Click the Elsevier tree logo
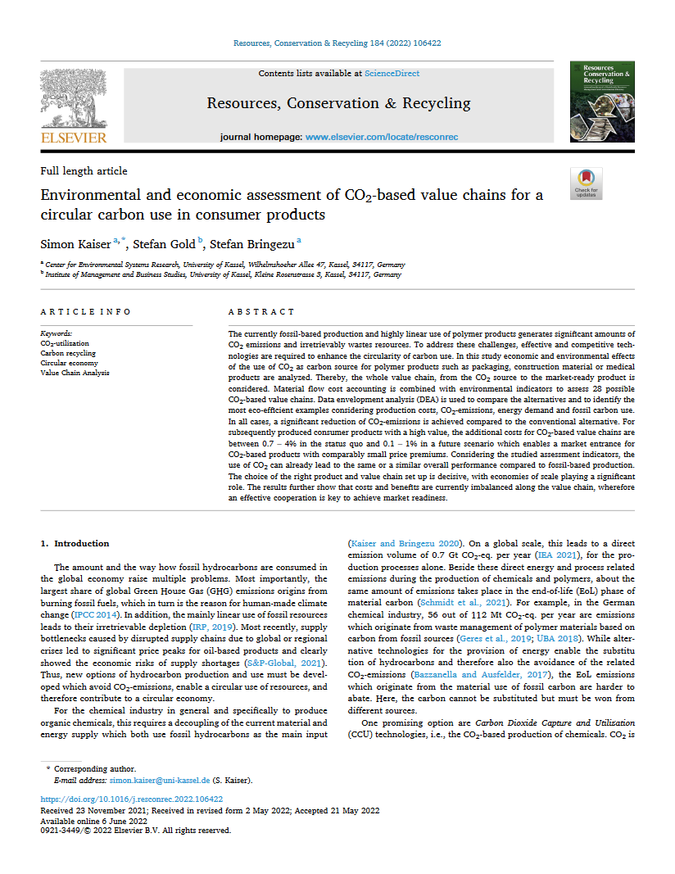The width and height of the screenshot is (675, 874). [74, 97]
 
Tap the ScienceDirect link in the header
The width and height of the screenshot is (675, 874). [392, 74]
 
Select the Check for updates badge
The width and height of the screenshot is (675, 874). [586, 183]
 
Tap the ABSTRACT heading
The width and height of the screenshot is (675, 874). [260, 312]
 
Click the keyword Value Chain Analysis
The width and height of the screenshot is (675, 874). [75, 373]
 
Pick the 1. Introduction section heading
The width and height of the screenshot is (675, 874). [75, 544]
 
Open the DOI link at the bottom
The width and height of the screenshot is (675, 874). [131, 799]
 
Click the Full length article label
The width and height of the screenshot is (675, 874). [84, 171]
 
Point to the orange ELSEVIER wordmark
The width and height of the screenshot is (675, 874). [74, 138]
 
